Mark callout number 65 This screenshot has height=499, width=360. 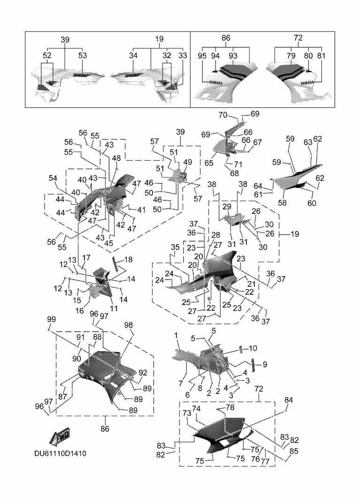pyautogui.click(x=208, y=163)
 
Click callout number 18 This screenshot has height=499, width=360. pyautogui.click(x=128, y=260)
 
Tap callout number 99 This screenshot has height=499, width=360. pyautogui.click(x=51, y=320)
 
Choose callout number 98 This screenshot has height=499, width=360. pyautogui.click(x=128, y=325)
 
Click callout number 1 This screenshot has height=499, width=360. pyautogui.click(x=176, y=336)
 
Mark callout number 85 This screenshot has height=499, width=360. pyautogui.click(x=294, y=452)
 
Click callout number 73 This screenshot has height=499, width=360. pyautogui.click(x=186, y=413)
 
